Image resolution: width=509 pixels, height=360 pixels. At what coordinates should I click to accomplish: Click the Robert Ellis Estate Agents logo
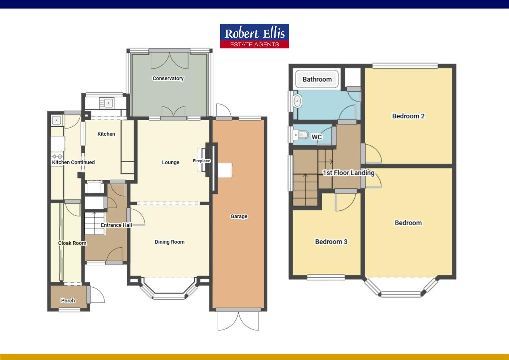254,36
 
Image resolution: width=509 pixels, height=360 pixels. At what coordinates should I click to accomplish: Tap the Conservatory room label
168,78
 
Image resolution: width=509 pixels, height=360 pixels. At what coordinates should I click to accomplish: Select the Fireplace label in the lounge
201,161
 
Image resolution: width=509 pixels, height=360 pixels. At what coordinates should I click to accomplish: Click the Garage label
239,216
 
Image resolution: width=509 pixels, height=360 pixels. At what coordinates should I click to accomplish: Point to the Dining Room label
169,242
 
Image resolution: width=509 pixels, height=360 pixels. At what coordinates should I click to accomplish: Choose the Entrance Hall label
116,225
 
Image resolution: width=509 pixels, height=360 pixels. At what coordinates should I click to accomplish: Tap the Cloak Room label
72,243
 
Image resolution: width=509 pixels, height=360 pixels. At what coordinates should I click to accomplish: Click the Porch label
68,300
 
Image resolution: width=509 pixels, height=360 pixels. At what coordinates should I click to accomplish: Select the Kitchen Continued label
73,162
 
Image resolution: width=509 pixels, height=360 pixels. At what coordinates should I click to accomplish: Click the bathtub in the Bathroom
317,79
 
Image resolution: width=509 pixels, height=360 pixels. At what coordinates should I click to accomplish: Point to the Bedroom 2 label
408,116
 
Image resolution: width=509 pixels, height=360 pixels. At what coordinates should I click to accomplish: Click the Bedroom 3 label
331,242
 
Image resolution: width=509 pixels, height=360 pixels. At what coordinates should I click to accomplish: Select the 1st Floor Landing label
348,173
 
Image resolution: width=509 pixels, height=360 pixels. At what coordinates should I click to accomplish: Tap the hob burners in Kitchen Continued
57,156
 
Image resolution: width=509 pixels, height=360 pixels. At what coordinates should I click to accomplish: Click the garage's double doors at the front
239,321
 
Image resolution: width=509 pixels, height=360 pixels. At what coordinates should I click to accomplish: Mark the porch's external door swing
97,295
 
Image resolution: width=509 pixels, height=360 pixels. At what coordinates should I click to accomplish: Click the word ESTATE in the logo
242,44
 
